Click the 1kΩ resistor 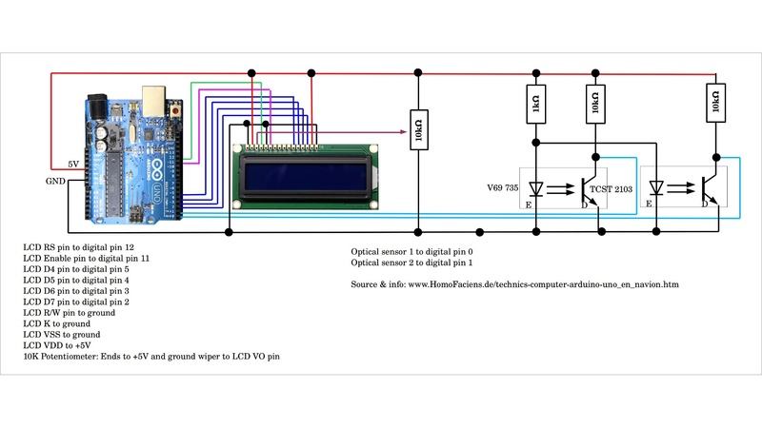point(536,104)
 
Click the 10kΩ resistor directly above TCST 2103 point(596,104)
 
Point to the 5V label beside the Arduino point(73,164)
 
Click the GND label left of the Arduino point(55,181)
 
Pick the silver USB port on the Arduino point(152,98)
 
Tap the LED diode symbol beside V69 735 point(536,188)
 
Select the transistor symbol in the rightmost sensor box point(710,187)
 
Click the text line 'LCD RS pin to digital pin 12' point(78,246)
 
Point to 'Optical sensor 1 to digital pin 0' point(411,252)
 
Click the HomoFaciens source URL point(514,283)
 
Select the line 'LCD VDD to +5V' point(58,345)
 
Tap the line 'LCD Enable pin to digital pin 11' point(86,258)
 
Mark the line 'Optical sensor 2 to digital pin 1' point(411,263)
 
